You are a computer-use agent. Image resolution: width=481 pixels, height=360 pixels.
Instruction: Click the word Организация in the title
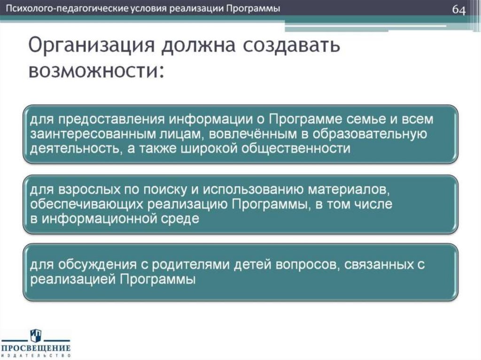(89, 47)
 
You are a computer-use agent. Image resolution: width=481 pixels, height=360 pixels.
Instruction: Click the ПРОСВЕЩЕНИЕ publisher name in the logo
(36, 348)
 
